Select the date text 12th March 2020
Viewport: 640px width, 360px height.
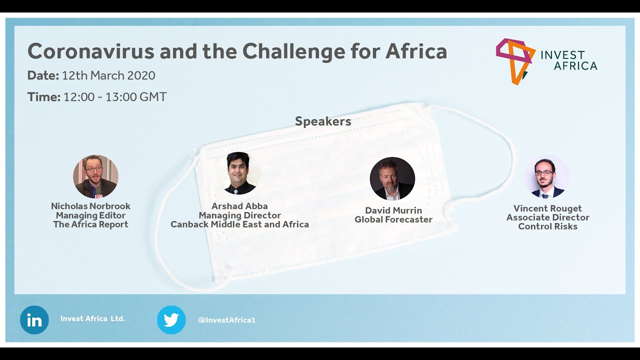108,75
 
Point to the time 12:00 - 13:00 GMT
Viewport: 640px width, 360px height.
115,97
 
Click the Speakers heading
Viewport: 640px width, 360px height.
323,121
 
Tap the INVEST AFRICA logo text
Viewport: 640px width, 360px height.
568,60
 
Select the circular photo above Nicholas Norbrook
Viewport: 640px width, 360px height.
95,176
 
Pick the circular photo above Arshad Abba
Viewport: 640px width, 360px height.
239,173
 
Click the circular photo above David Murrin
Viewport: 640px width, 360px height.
392,178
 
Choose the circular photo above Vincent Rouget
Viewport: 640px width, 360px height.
546,177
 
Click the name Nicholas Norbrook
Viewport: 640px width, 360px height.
90,206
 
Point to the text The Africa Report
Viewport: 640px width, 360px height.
90,224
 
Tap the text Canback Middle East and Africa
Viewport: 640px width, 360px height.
239,224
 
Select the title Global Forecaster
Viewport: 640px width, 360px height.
393,219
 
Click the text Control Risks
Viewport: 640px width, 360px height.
547,226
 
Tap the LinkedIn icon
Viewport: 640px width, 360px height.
34,320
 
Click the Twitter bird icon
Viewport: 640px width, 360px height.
171,320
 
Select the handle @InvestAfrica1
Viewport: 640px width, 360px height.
226,320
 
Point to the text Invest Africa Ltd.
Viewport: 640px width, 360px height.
92,318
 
